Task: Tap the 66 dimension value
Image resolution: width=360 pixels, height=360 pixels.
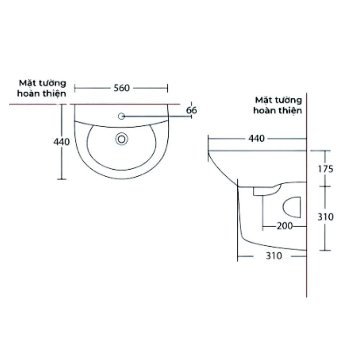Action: pos(192,111)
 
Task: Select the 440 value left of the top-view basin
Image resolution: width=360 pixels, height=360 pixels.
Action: pos(62,142)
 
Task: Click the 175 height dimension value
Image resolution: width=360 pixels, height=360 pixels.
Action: pos(326,169)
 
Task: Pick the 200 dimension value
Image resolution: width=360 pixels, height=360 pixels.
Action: pos(284,226)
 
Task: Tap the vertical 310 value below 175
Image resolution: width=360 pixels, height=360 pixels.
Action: pos(326,217)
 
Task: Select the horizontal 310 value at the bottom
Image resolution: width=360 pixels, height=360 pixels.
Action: pos(273,256)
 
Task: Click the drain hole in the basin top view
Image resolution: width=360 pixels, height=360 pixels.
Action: pos(121,139)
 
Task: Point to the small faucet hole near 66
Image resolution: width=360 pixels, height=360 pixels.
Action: pos(121,116)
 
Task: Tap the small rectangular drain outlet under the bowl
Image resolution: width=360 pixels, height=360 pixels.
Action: pos(260,192)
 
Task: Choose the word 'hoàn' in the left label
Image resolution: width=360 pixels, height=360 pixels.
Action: pos(28,94)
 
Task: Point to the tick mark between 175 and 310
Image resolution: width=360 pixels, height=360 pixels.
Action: pos(325,186)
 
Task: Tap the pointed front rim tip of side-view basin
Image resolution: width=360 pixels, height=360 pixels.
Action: pos(208,151)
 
